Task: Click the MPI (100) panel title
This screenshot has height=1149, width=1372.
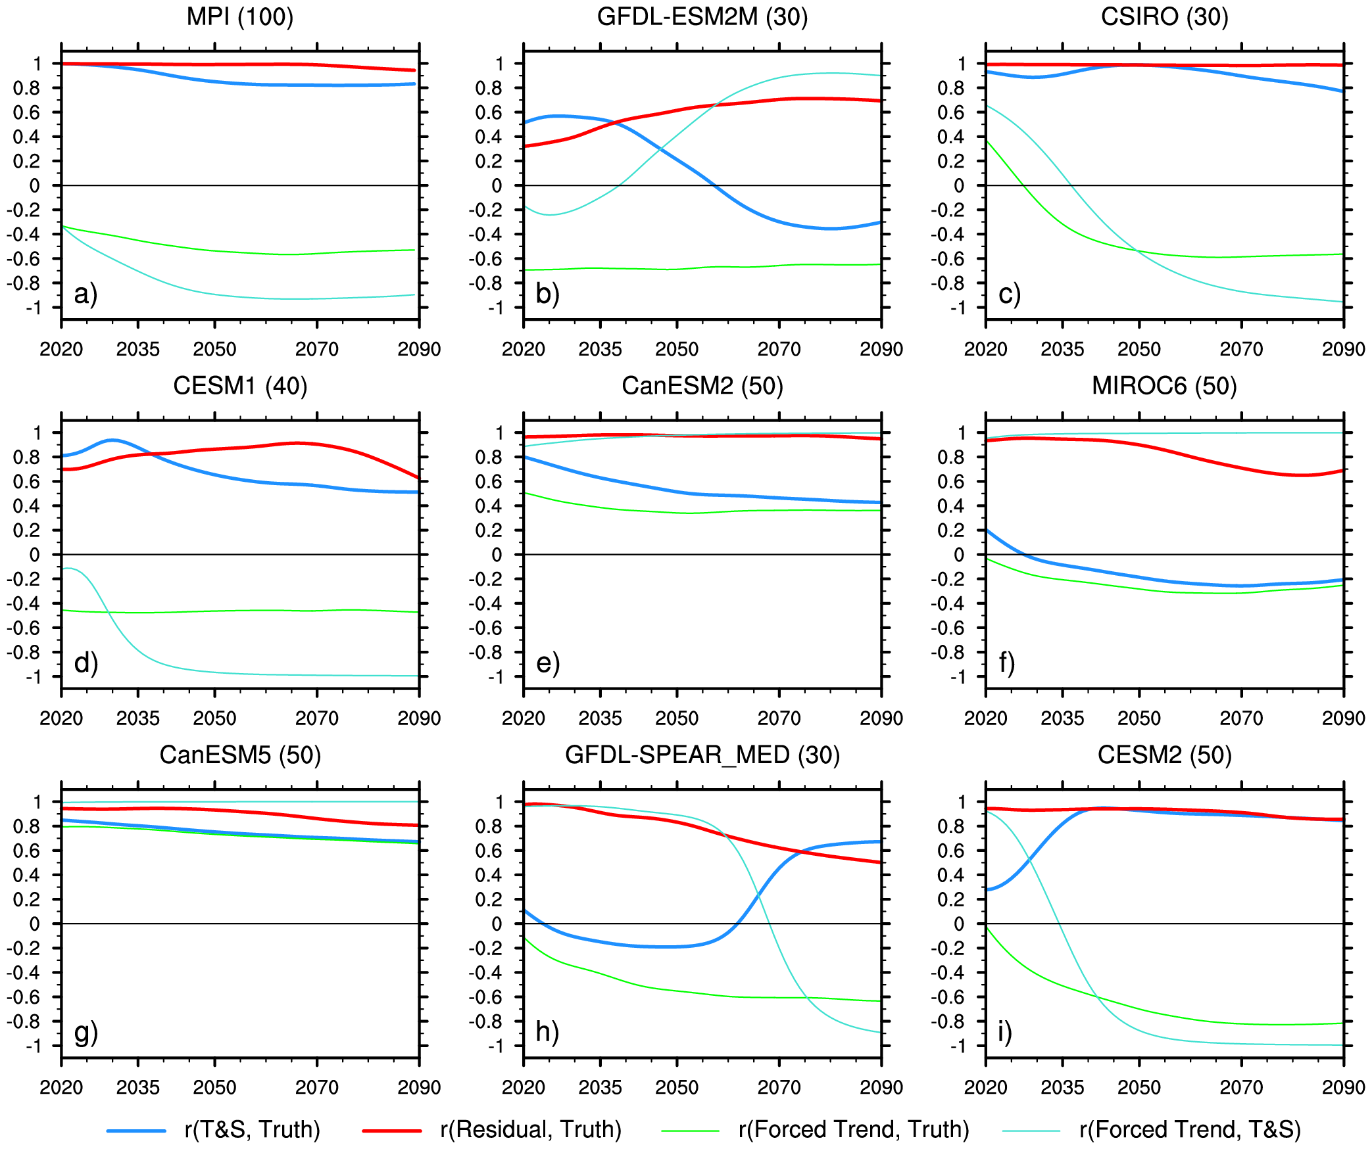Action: pyautogui.click(x=240, y=16)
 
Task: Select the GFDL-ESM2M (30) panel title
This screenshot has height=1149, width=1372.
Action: pyautogui.click(x=702, y=16)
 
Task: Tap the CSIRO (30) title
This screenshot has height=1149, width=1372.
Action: pyautogui.click(x=1164, y=16)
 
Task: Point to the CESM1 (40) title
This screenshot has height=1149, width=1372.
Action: pyautogui.click(x=240, y=386)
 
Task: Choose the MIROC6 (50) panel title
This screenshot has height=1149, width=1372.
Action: pyautogui.click(x=1164, y=386)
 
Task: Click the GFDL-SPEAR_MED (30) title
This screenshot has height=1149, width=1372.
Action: pyautogui.click(x=702, y=755)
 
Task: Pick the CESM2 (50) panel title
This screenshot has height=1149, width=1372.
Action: pyautogui.click(x=1164, y=755)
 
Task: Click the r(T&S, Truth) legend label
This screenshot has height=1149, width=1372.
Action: pyautogui.click(x=253, y=1129)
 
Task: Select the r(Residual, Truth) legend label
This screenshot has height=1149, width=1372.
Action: pyautogui.click(x=531, y=1129)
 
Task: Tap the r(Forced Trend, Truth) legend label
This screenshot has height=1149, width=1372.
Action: pyautogui.click(x=854, y=1129)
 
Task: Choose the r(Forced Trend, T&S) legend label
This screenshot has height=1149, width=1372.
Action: pyautogui.click(x=1190, y=1129)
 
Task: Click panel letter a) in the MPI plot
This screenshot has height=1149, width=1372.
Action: pyautogui.click(x=86, y=293)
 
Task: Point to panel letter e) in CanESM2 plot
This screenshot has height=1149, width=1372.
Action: pyautogui.click(x=548, y=663)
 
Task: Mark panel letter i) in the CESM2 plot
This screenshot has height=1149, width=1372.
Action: pyautogui.click(x=1004, y=1032)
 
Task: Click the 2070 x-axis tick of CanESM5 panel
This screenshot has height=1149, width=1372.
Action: pyautogui.click(x=317, y=1087)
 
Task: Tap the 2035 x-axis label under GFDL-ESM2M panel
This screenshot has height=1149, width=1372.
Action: pyautogui.click(x=600, y=349)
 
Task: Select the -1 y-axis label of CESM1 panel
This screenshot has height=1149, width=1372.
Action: pyautogui.click(x=33, y=677)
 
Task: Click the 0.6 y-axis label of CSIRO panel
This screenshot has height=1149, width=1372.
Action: pyautogui.click(x=950, y=112)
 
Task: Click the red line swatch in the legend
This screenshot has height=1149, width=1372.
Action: pyautogui.click(x=392, y=1131)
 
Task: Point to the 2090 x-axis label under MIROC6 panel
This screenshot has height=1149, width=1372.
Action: pyautogui.click(x=1343, y=718)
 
